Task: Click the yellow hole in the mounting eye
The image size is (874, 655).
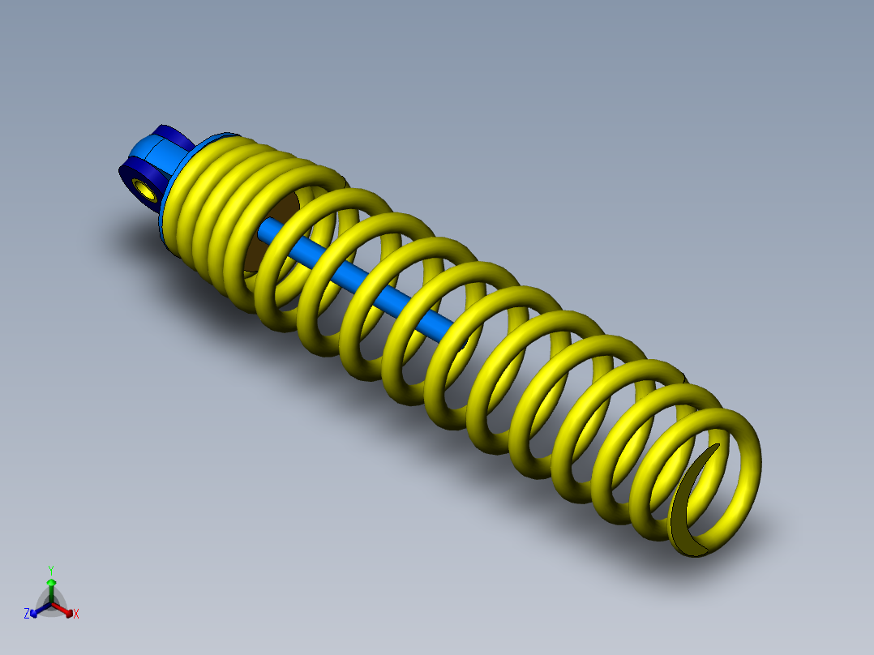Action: [x=147, y=191]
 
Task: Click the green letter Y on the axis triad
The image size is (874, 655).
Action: [x=50, y=570]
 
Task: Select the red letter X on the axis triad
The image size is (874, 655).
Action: [x=76, y=614]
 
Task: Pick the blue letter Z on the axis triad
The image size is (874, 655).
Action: [x=27, y=614]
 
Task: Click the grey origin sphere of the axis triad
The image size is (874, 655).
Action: [x=51, y=603]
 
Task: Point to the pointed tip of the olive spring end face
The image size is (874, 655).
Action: [x=718, y=445]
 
